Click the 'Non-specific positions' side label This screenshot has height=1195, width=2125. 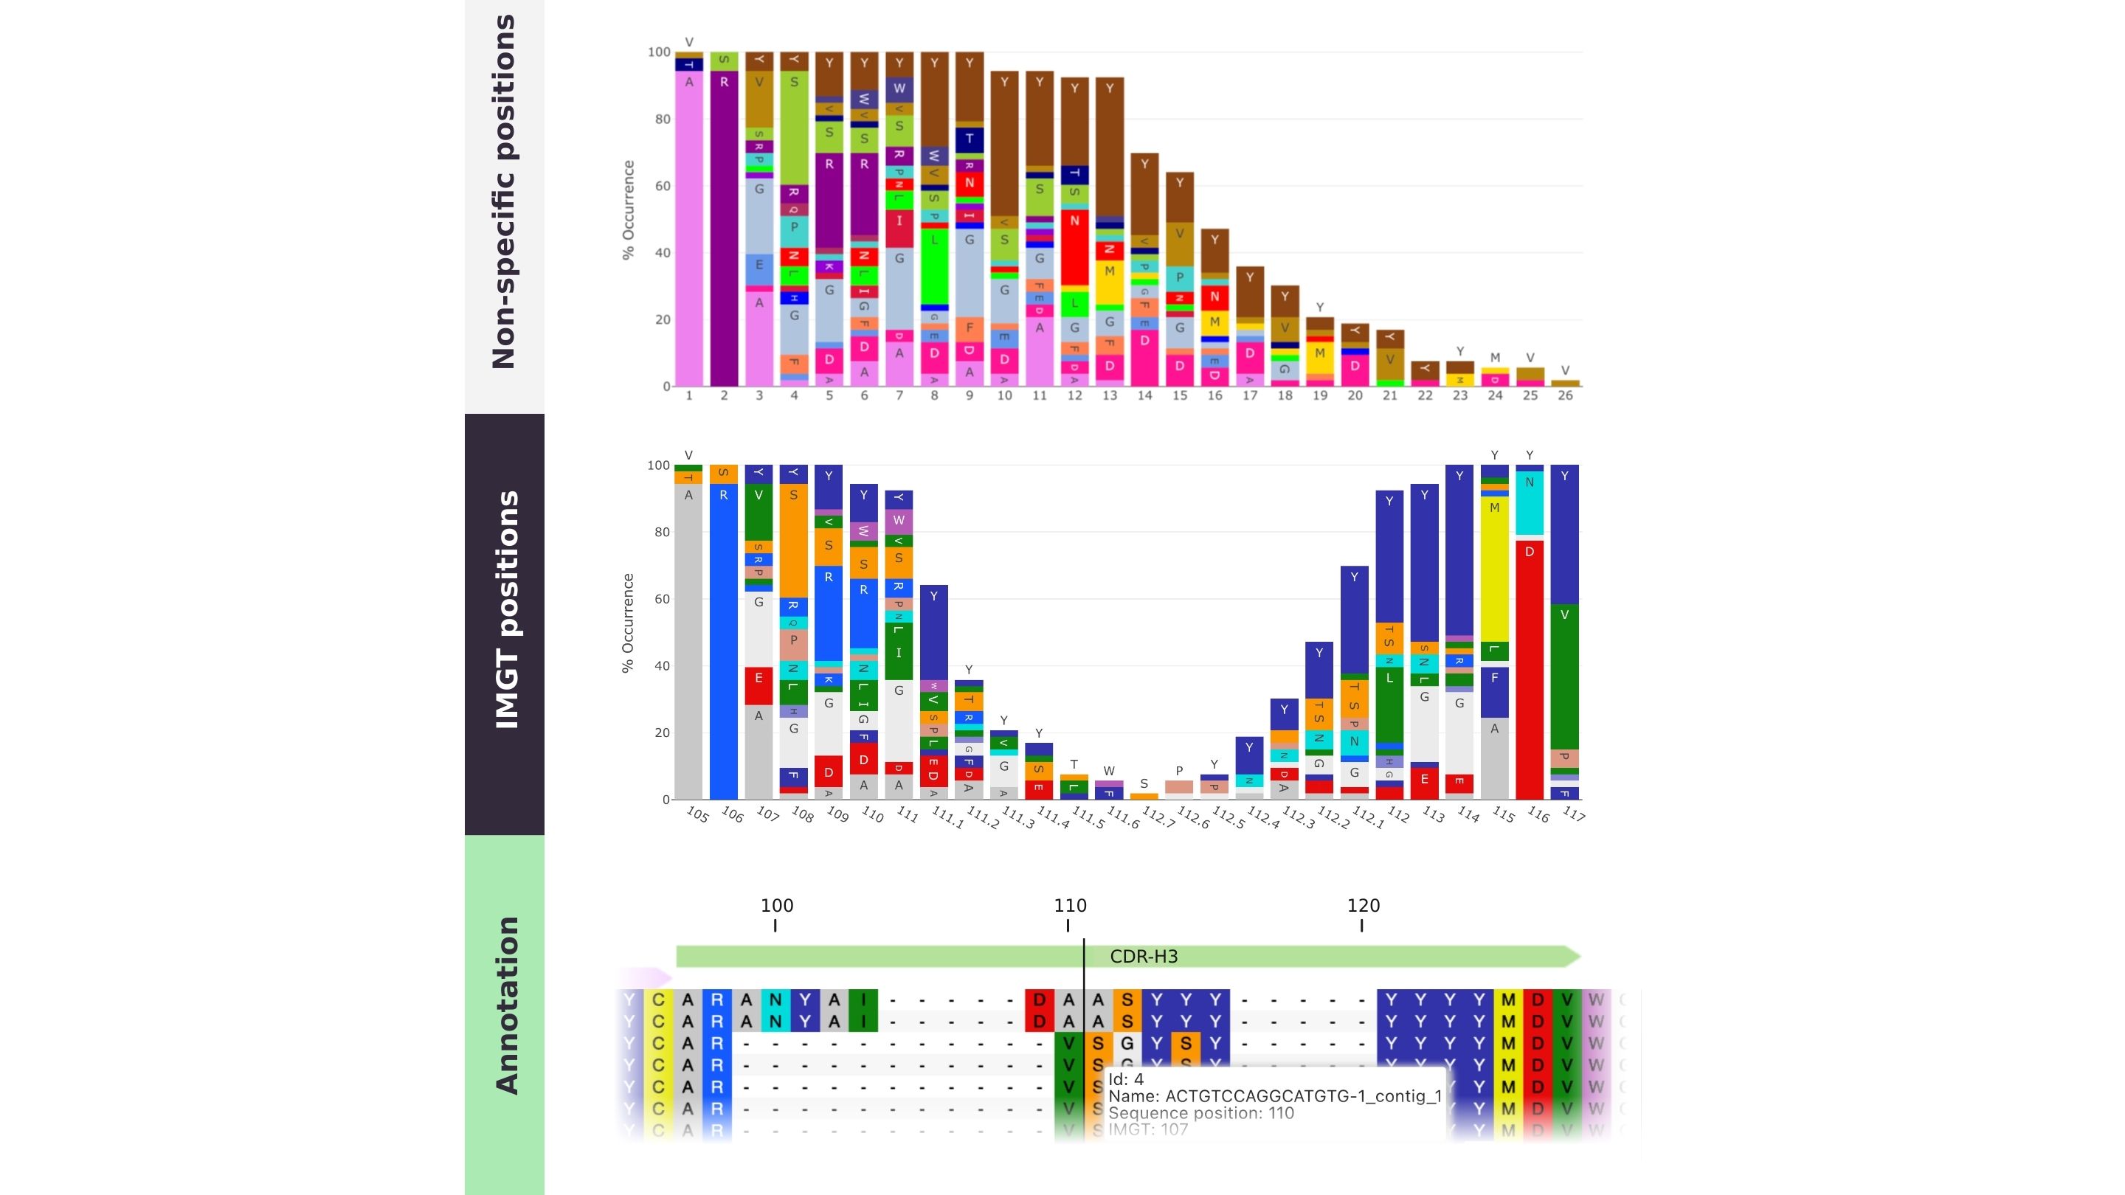(x=504, y=191)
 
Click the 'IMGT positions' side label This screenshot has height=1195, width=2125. (x=505, y=609)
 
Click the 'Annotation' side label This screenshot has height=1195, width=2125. (x=505, y=1005)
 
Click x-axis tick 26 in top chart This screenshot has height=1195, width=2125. (x=1565, y=396)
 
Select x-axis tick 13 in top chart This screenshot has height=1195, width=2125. (x=1110, y=396)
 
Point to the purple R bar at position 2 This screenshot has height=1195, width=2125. (x=723, y=231)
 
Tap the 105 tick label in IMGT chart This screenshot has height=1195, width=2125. (x=697, y=815)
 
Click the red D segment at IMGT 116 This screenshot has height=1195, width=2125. (x=1530, y=668)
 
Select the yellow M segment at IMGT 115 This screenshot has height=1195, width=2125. (x=1494, y=569)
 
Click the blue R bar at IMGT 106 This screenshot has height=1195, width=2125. (x=723, y=643)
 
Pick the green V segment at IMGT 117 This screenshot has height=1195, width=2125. (x=1564, y=676)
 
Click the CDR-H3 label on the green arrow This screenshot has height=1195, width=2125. (x=1144, y=957)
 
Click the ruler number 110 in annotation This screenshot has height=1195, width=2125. (x=1070, y=906)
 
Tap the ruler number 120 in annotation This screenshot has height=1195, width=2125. (x=1363, y=906)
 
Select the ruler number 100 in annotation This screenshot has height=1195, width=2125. (x=776, y=906)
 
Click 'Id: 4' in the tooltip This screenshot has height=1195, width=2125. (x=1126, y=1079)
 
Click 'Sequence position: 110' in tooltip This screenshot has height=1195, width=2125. (x=1201, y=1113)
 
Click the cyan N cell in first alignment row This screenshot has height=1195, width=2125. (x=775, y=1000)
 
